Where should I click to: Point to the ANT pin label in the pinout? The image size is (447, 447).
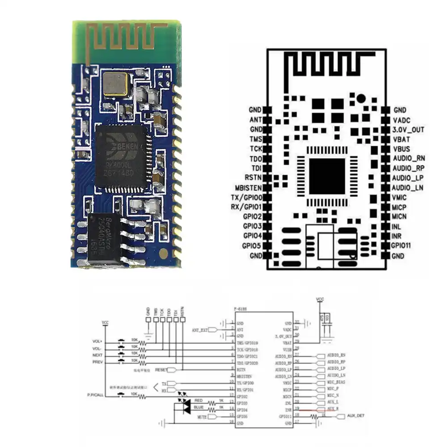click(255, 120)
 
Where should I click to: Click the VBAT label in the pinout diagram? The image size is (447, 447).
click(401, 139)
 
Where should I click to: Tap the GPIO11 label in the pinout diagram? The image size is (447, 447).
click(404, 246)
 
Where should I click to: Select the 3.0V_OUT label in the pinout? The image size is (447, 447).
click(408, 130)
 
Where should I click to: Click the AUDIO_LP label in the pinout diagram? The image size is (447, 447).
click(407, 178)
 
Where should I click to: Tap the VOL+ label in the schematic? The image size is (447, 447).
click(98, 342)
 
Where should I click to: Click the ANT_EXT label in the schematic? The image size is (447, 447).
click(200, 329)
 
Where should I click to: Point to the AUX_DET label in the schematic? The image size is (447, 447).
click(356, 416)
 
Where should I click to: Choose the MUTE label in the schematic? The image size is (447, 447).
click(202, 417)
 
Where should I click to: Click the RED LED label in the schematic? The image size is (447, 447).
click(198, 401)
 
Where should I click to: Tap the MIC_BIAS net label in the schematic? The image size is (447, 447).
click(336, 382)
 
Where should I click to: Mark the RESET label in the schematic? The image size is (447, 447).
click(160, 370)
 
